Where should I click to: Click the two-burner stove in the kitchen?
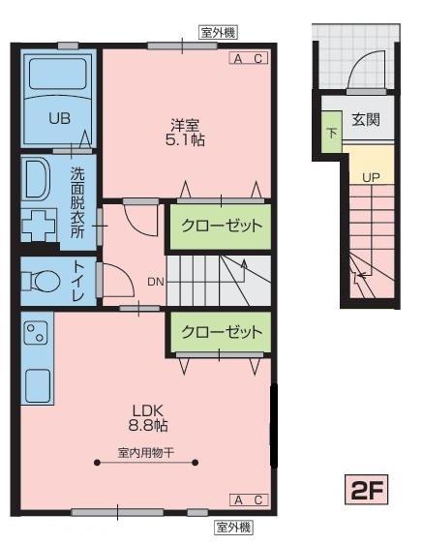pyautogui.click(x=35, y=335)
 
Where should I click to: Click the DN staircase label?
pyautogui.click(x=155, y=282)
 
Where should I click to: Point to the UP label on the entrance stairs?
pyautogui.click(x=371, y=177)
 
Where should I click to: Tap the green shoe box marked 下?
pyautogui.click(x=332, y=132)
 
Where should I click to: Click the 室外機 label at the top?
pyautogui.click(x=218, y=33)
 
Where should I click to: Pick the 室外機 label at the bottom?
pyautogui.click(x=233, y=527)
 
